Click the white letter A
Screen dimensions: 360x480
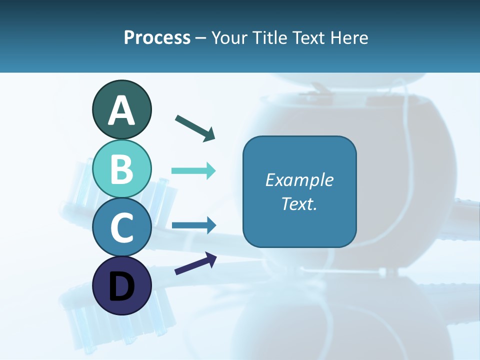coord(121,111)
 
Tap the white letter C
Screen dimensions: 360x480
coord(121,228)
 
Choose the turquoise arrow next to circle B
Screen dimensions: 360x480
coord(193,171)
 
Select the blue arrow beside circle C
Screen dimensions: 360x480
coord(193,225)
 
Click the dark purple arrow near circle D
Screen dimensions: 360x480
coord(195,263)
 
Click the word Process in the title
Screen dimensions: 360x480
coord(157,38)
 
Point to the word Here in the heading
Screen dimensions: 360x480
coord(350,37)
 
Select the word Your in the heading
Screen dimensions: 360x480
coord(229,37)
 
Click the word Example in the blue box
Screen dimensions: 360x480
coord(299,180)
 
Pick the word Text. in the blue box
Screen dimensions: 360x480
coord(299,204)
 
